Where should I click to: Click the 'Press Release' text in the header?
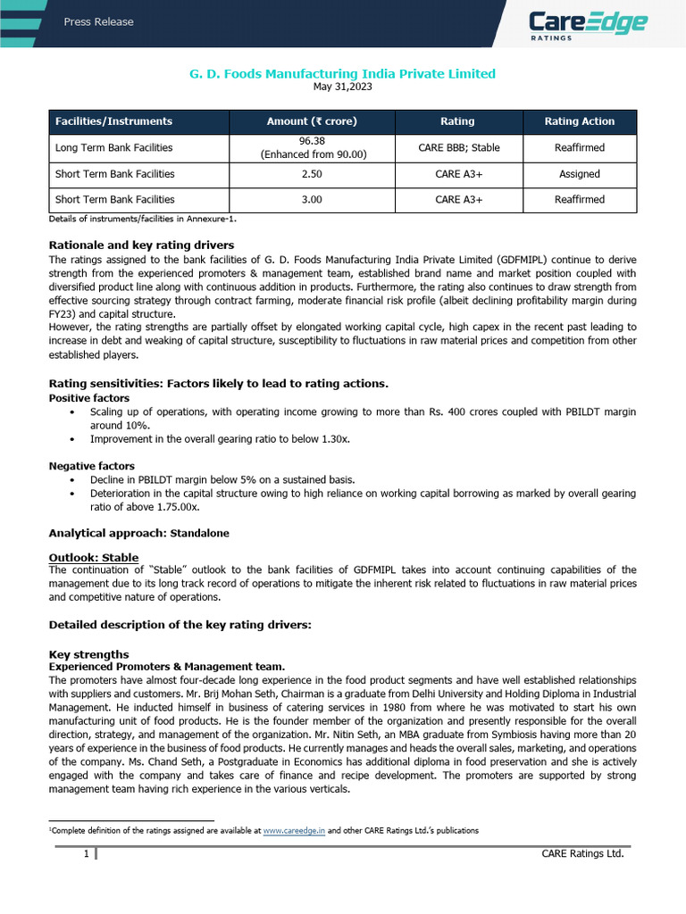coord(98,22)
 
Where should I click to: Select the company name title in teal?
coord(343,73)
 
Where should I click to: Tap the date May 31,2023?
coord(343,87)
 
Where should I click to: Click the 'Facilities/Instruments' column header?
coord(113,121)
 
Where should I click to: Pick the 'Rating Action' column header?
coord(580,121)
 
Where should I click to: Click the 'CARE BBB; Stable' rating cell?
coord(458,147)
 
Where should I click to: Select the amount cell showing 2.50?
coord(312,174)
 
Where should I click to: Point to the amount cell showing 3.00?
coord(312,200)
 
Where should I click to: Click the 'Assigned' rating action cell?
coord(580,174)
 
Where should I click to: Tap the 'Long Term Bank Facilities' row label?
coord(113,147)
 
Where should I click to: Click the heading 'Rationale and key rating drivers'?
coord(141,245)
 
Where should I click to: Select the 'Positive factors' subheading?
coord(88,398)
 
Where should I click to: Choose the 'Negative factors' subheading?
coord(91,466)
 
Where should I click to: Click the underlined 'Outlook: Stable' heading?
coord(93,558)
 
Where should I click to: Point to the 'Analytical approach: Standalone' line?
coord(138,533)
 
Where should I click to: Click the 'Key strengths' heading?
coord(88,654)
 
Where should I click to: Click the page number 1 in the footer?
coord(86,854)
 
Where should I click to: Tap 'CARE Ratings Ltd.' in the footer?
coord(582,854)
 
